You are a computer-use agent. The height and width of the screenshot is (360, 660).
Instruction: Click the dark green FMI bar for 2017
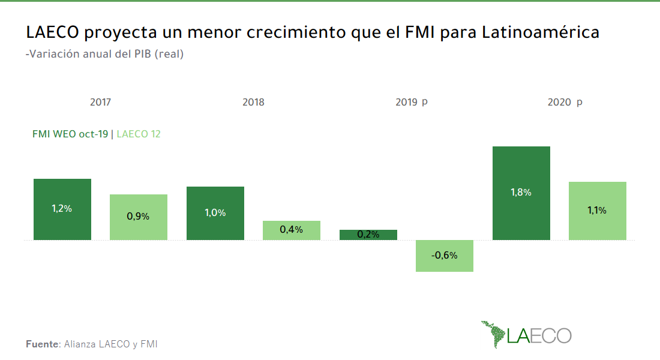(62, 209)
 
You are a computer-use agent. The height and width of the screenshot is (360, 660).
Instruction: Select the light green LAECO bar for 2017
(139, 217)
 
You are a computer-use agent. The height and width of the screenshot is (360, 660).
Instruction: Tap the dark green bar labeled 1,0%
(215, 213)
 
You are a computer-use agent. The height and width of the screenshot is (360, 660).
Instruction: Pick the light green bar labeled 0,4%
(292, 230)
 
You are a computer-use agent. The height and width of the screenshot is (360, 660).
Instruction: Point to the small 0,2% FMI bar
(368, 235)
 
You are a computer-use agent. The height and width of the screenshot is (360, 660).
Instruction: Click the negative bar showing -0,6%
(445, 256)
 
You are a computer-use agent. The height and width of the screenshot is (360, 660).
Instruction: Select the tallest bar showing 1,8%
(521, 193)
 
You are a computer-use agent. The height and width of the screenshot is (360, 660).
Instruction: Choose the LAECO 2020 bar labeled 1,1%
(598, 211)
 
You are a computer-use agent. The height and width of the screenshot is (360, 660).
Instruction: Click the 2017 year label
(100, 102)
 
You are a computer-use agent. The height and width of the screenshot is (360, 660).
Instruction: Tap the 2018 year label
(253, 102)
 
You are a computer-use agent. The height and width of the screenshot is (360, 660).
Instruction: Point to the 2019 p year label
(412, 102)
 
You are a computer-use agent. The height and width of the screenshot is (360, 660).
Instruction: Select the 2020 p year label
(565, 102)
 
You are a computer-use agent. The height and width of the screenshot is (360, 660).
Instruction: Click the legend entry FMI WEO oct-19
(70, 134)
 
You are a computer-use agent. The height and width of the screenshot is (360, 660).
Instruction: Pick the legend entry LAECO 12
(139, 134)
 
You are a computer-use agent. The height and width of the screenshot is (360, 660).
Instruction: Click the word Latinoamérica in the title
(541, 32)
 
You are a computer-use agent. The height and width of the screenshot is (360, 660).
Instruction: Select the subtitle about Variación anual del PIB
(104, 54)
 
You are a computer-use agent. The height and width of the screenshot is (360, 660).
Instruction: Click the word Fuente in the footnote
(43, 344)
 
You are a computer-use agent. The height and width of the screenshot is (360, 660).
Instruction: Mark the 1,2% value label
(62, 209)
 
